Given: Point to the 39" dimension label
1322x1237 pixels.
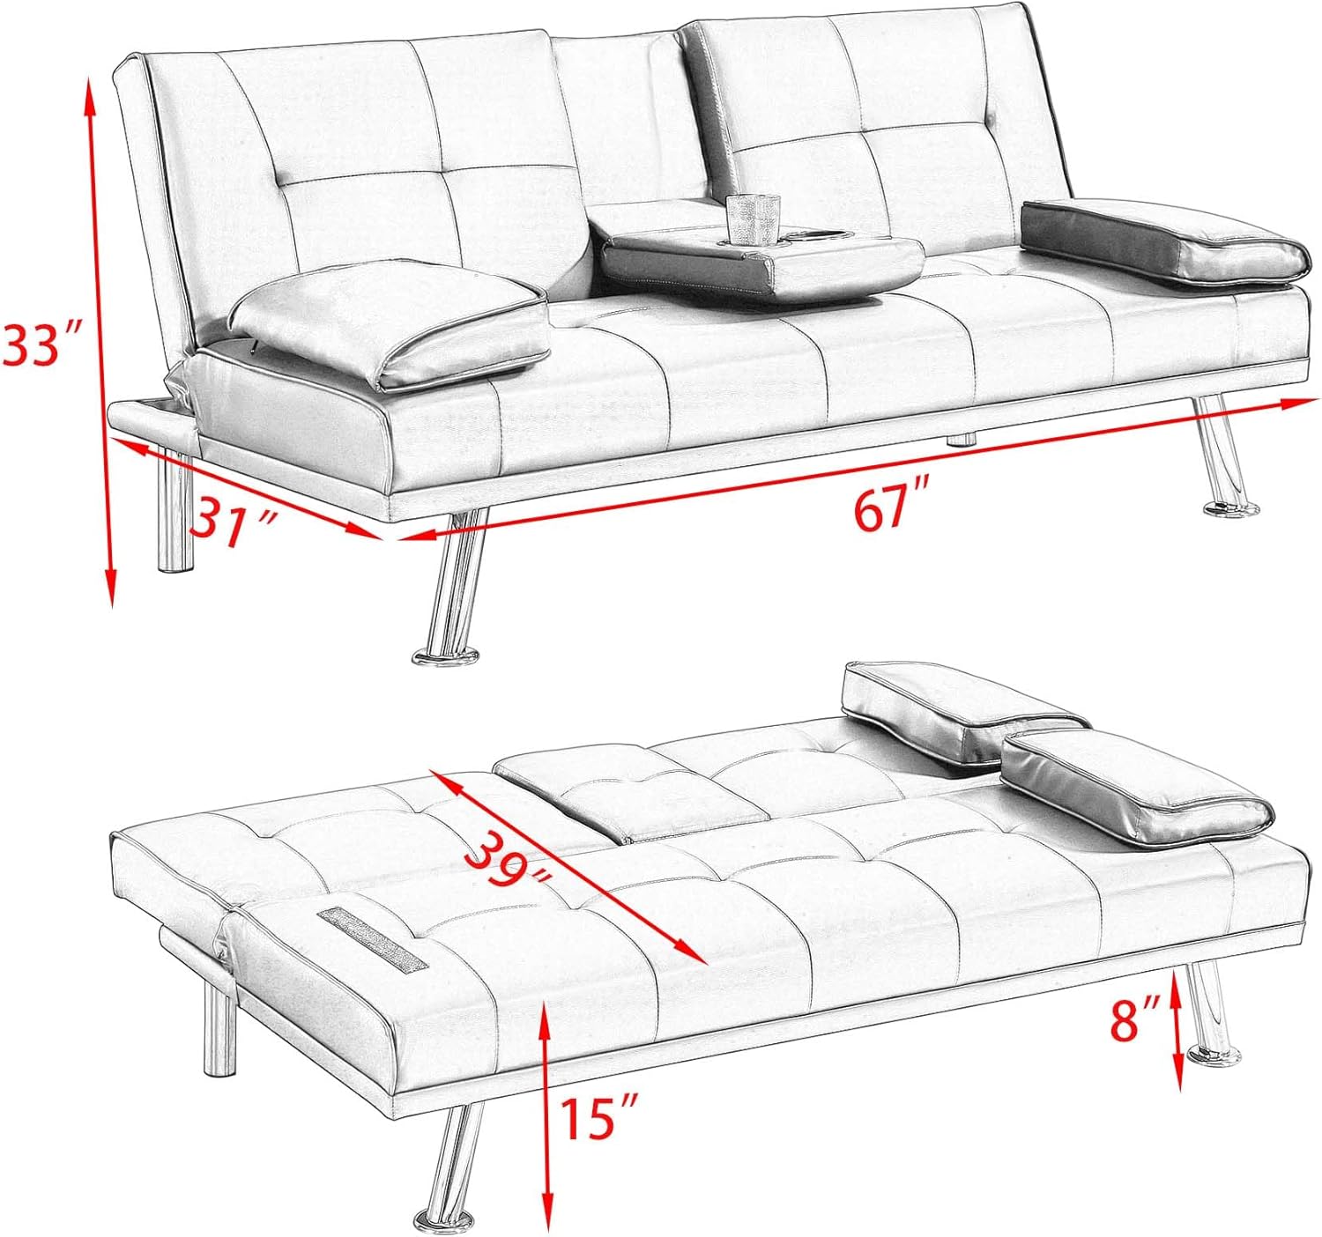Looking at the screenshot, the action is tap(507, 864).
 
